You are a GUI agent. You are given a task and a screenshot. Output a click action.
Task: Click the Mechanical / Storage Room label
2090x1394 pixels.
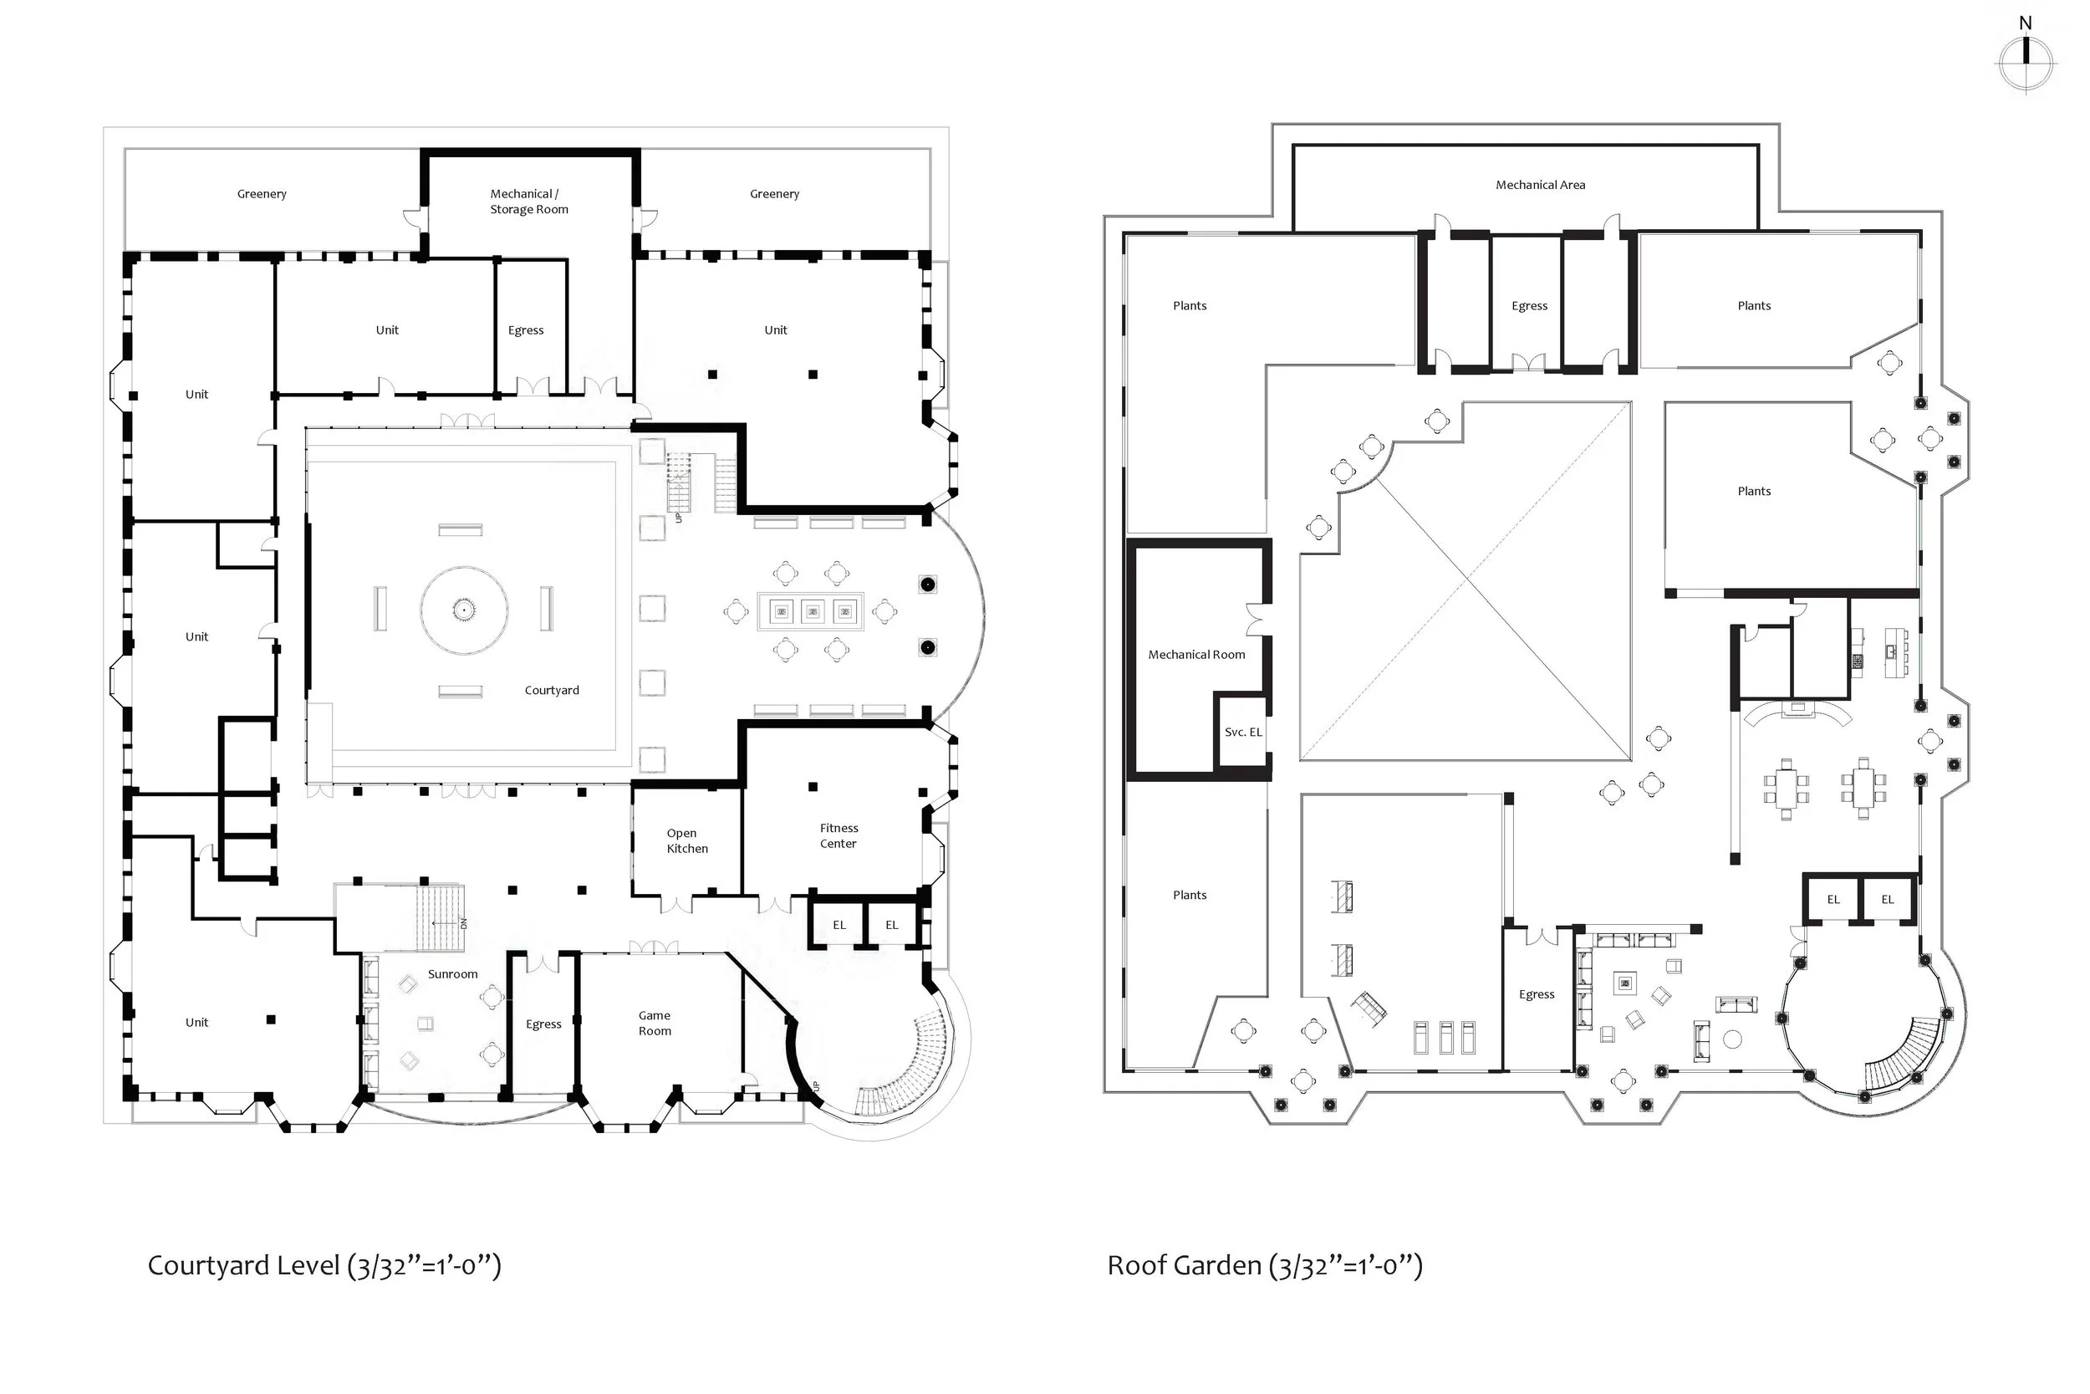point(528,202)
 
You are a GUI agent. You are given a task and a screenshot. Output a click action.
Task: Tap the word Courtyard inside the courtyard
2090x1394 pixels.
point(552,691)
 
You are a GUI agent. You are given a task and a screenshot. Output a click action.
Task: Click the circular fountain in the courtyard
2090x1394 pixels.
point(464,610)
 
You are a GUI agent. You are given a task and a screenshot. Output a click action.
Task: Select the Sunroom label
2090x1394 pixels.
point(452,974)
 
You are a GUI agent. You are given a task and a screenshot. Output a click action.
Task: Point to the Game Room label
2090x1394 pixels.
point(655,1024)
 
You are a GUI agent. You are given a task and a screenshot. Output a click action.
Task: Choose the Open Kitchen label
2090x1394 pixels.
point(687,841)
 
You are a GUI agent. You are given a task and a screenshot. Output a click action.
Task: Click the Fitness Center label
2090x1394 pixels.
point(838,835)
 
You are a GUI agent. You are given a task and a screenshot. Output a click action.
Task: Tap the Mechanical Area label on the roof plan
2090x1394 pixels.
point(1540,185)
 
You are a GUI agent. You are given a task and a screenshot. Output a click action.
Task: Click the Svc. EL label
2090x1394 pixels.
point(1242,733)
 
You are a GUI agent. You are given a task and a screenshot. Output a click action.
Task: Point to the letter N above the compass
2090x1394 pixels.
point(2025,23)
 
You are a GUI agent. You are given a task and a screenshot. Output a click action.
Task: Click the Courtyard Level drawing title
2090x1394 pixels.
point(324,1266)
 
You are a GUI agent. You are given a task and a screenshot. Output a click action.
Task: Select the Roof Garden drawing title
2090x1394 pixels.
point(1263,1266)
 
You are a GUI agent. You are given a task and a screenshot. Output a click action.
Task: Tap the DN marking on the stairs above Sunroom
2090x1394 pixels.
point(463,924)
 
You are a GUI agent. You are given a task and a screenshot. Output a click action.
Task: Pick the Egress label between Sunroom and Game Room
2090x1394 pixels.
point(543,1024)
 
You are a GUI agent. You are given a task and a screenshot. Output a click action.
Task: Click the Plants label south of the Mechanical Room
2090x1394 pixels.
point(1189,896)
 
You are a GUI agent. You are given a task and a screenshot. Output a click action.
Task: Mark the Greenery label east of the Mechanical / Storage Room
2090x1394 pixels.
point(774,194)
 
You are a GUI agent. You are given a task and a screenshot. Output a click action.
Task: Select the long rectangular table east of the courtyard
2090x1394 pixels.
point(809,611)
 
